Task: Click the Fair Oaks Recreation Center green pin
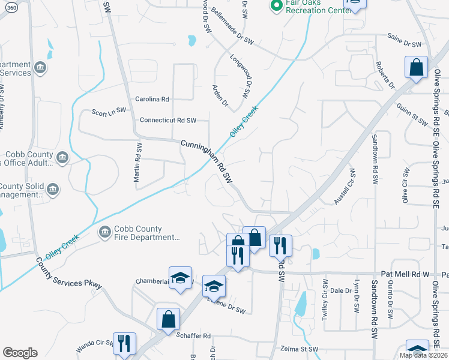coord(276,7)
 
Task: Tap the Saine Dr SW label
coord(405,44)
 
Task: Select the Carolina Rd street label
coord(152,99)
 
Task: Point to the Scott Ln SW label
coord(109,111)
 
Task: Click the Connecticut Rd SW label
coord(168,120)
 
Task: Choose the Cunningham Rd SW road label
coord(206,161)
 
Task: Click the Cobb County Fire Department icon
coord(104,232)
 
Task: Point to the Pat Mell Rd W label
coord(410,274)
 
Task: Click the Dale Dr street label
coord(340,290)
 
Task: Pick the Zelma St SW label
coord(298,349)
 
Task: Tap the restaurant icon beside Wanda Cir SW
coord(124,343)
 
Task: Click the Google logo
coord(20,353)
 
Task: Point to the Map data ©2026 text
coord(423,355)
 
